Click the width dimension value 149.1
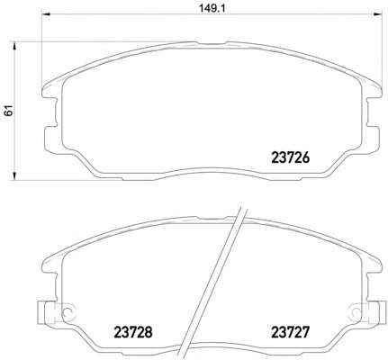[212, 8]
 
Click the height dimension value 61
[9, 111]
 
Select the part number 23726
[290, 157]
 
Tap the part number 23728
[133, 332]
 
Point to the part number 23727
[290, 332]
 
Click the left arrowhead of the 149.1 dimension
[46, 13]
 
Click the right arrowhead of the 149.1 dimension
[378, 13]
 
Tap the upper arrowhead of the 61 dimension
[14, 46]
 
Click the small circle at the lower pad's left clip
[68, 311]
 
